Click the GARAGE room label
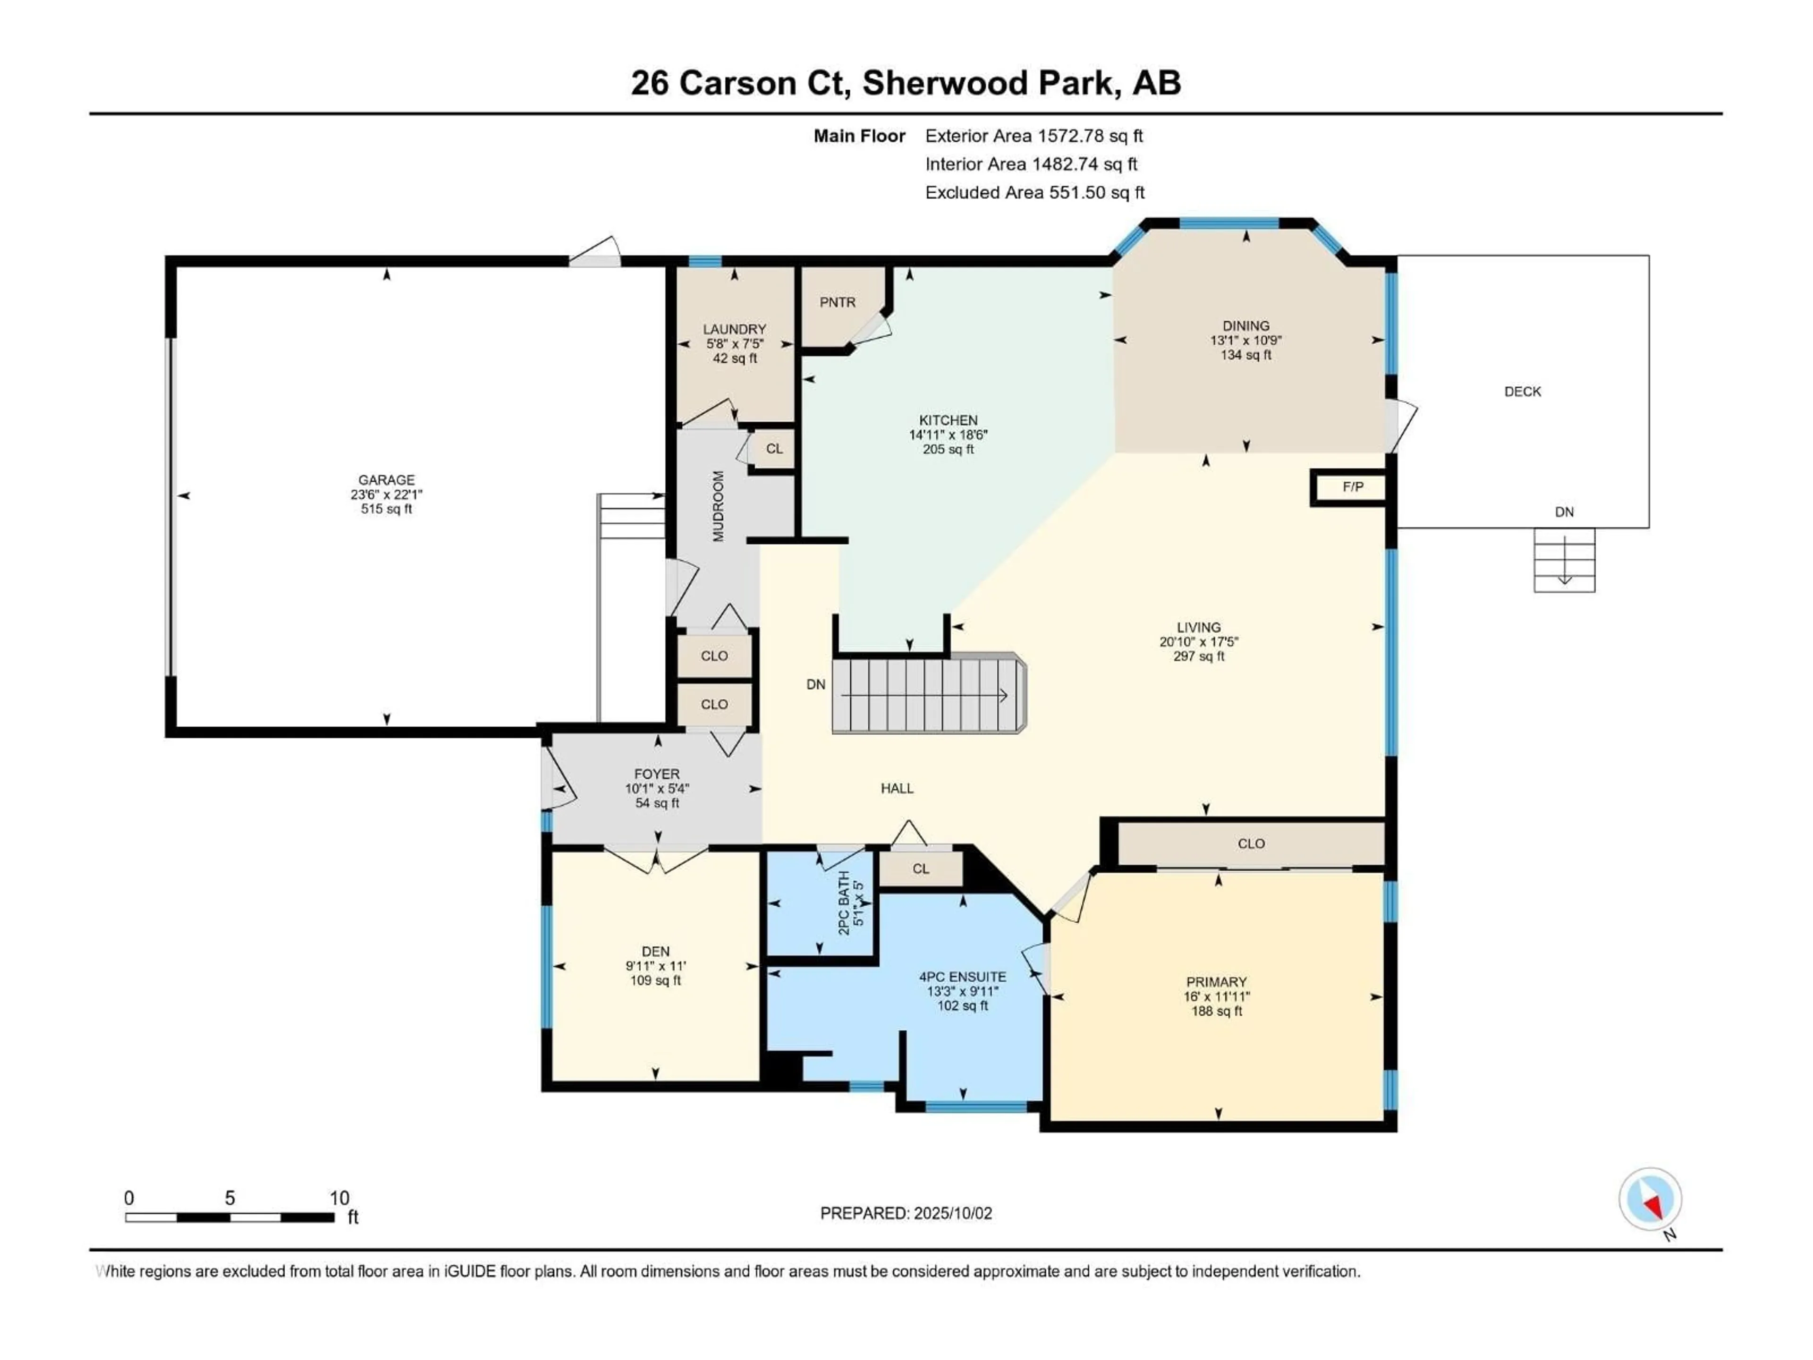point(386,480)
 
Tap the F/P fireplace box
point(1352,487)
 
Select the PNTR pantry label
point(837,303)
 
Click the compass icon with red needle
point(1650,1199)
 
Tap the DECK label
point(1522,392)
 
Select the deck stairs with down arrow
point(1564,560)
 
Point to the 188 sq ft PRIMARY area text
point(1216,1011)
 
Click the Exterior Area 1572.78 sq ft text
point(1034,136)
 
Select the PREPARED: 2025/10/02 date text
point(906,1213)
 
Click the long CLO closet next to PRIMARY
point(1251,843)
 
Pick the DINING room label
point(1246,325)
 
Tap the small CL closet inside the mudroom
point(774,449)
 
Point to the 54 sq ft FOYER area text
point(657,803)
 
